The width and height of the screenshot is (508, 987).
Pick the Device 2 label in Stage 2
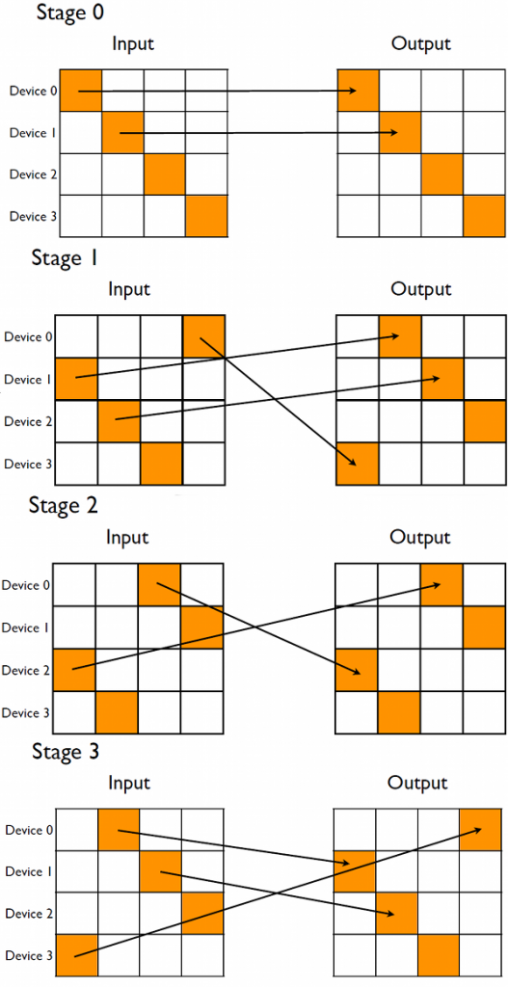(26, 670)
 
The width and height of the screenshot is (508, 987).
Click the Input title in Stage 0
(133, 43)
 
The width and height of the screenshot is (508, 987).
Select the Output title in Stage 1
(421, 289)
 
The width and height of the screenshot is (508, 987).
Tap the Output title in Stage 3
(418, 782)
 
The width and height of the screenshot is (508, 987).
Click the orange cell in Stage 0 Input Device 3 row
(206, 216)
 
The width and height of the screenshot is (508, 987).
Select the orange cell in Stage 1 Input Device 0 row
(203, 336)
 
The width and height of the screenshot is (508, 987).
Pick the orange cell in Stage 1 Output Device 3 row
(357, 464)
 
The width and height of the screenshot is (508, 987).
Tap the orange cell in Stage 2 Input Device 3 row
(117, 712)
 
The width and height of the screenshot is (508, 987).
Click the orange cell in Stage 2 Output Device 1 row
(485, 627)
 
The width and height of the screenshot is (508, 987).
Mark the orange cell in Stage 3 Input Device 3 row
(76, 955)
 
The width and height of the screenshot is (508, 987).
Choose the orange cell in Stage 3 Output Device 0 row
(481, 830)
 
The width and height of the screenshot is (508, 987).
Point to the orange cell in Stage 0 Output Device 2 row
(442, 174)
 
